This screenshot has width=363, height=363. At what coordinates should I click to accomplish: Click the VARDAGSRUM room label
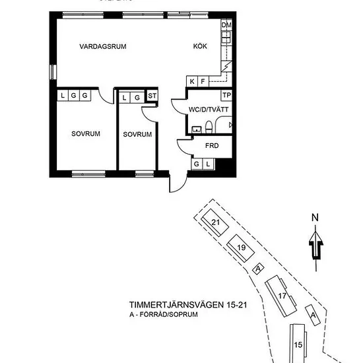pyautogui.click(x=103, y=46)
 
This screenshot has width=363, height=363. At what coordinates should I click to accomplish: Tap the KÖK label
pyautogui.click(x=200, y=46)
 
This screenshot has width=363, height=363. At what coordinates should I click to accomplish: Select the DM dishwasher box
pyautogui.click(x=226, y=25)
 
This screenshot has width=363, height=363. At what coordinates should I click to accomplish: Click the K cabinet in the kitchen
pyautogui.click(x=192, y=81)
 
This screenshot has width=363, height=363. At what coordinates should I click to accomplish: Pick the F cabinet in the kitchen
pyautogui.click(x=203, y=81)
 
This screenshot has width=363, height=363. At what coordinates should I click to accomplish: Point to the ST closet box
pyautogui.click(x=152, y=96)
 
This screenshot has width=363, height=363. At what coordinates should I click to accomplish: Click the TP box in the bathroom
pyautogui.click(x=226, y=95)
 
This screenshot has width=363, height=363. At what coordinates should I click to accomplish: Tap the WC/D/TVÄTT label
pyautogui.click(x=209, y=110)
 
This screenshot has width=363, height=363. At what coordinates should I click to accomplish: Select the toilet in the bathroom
pyautogui.click(x=209, y=127)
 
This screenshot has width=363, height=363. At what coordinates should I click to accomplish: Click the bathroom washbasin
pyautogui.click(x=197, y=129)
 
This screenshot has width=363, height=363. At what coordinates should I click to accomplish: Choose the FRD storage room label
pyautogui.click(x=212, y=146)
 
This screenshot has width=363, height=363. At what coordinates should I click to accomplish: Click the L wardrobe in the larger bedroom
pyautogui.click(x=63, y=96)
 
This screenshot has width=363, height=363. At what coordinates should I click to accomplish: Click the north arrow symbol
pyautogui.click(x=315, y=248)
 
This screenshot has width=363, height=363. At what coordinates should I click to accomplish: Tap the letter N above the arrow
pyautogui.click(x=315, y=218)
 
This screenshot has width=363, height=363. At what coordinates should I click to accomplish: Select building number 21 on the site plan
pyautogui.click(x=215, y=222)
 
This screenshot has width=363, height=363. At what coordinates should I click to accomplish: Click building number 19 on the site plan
pyautogui.click(x=241, y=248)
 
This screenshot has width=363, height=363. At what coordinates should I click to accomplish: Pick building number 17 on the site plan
pyautogui.click(x=281, y=296)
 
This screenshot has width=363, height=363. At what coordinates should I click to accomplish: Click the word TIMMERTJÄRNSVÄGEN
pyautogui.click(x=176, y=305)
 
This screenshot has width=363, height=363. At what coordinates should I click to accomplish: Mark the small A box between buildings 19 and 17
pyautogui.click(x=258, y=269)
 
